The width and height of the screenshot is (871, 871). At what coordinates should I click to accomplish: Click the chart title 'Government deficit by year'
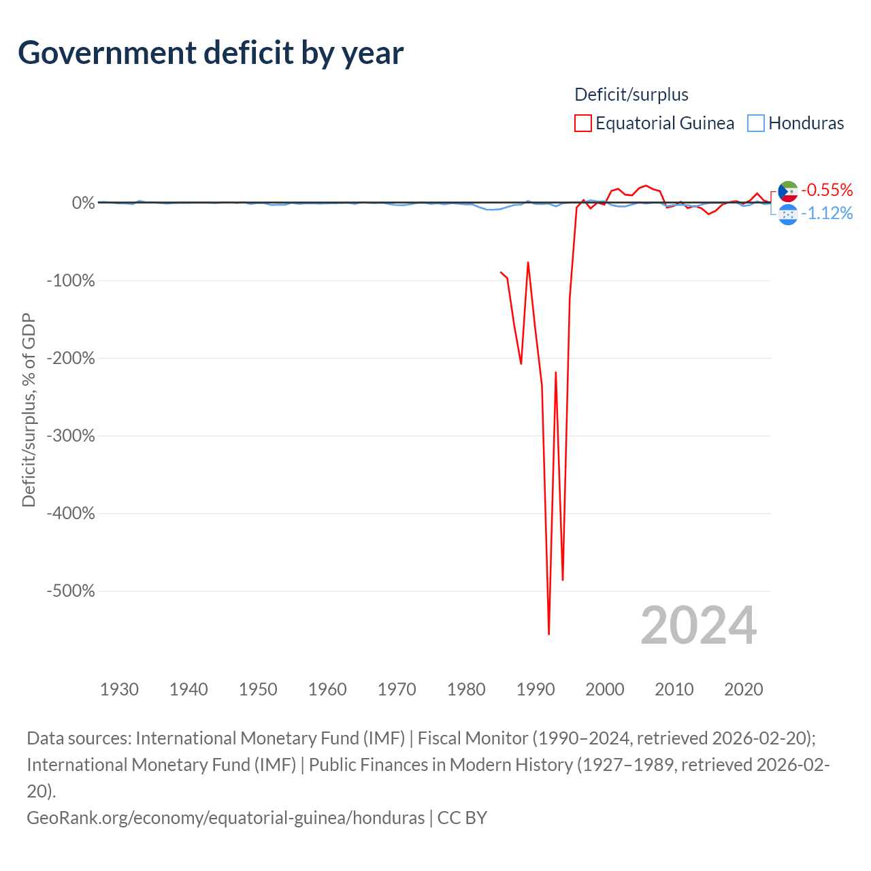coord(210,53)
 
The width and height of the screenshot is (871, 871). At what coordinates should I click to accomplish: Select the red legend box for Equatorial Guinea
coord(582,123)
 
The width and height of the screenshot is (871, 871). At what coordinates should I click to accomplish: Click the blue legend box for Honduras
coord(756,123)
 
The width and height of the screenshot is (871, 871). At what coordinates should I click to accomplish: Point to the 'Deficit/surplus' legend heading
coord(631,95)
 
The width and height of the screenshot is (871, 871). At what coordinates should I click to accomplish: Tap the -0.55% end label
coord(827,190)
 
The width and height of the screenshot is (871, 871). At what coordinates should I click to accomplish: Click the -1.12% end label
coord(827,213)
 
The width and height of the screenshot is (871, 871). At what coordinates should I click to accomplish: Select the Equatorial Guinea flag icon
coord(788,191)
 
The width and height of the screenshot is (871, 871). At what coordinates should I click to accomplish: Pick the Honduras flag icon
coord(788,215)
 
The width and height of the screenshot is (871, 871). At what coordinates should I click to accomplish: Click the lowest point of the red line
coord(548,634)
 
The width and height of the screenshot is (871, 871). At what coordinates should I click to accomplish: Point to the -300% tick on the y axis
coord(71,435)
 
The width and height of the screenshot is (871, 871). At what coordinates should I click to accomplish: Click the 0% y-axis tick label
coord(84,203)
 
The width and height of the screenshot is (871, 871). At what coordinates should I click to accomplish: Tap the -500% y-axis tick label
coord(71,591)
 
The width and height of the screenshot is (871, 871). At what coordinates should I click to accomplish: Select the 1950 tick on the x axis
coord(258,689)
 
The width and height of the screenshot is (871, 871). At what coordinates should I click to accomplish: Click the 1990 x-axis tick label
coord(535,689)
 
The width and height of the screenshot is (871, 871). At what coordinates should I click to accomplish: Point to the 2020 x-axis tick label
coord(744,689)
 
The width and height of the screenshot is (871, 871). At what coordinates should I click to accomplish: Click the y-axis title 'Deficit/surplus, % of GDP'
coord(29,410)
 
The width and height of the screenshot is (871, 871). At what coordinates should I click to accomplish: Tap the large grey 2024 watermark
coord(699,625)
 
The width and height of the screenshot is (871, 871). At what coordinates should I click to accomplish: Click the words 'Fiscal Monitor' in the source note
coord(473,738)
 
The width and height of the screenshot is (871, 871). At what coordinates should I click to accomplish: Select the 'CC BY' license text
coord(463,818)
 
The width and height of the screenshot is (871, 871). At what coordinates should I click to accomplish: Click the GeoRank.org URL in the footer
coord(225,818)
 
